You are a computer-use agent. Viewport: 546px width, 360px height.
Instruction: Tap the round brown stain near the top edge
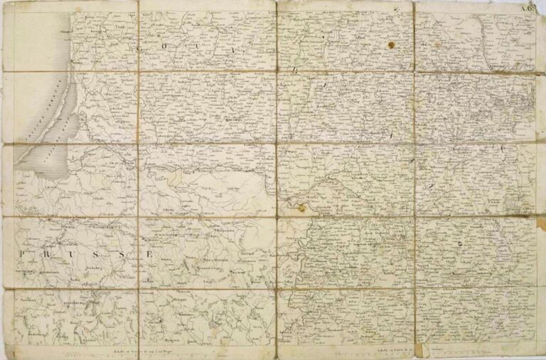(390, 45)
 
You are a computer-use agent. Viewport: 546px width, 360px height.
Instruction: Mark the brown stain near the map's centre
(301, 207)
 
